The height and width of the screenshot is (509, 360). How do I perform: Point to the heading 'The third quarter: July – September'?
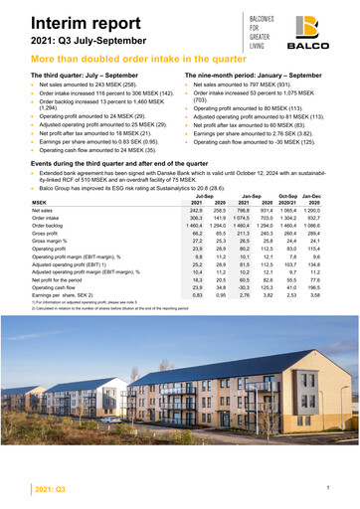pos(87,76)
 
